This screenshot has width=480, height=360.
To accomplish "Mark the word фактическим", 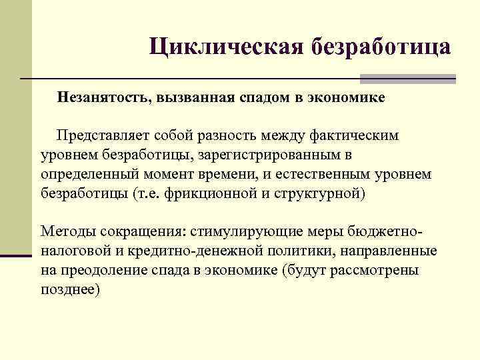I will click(x=354, y=136).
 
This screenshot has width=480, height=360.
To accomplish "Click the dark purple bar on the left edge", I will click(x=16, y=254).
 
